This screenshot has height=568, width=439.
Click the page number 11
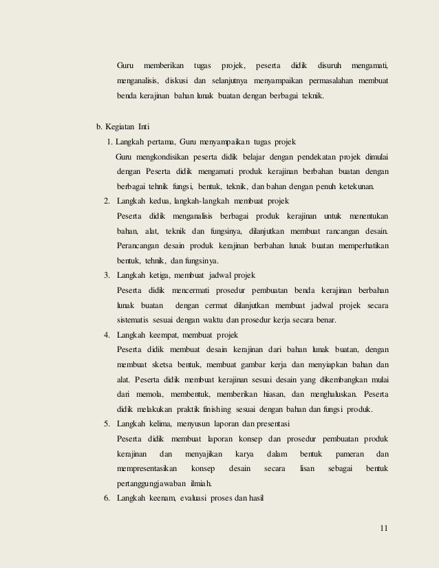383,528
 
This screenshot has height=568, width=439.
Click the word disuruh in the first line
329,66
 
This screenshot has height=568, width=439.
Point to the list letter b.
98,127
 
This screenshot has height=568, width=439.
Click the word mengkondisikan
164,157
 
